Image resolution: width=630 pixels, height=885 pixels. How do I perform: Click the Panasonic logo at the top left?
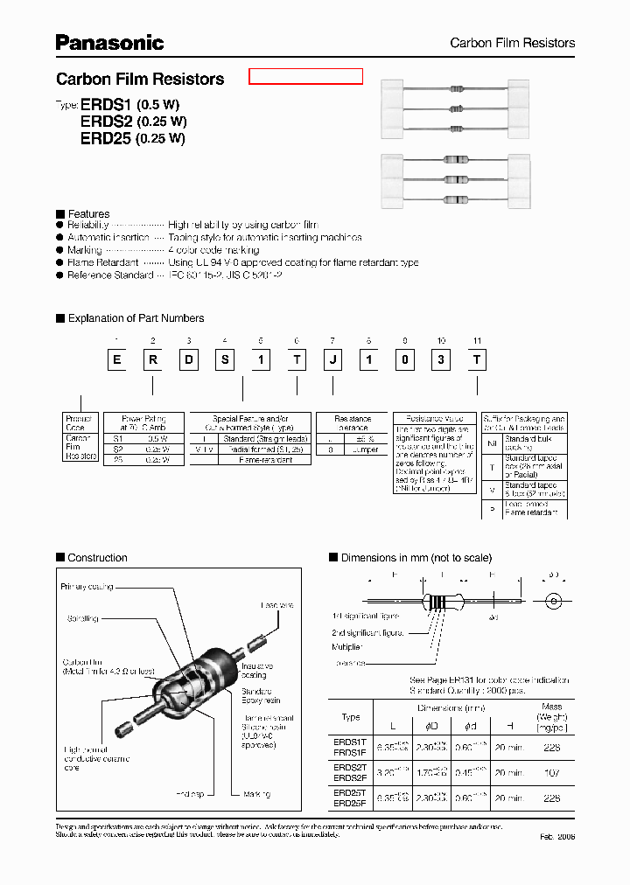(x=109, y=42)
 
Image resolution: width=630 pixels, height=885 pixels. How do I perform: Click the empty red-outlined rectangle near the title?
(x=305, y=76)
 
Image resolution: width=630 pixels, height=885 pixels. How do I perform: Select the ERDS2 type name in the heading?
(x=107, y=121)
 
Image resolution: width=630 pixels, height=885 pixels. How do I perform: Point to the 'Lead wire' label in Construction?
(x=277, y=605)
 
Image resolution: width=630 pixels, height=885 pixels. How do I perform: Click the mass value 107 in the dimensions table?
(x=552, y=773)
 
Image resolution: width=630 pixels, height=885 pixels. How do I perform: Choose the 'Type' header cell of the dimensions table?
(x=350, y=717)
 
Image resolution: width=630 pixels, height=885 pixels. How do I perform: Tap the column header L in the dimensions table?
(x=392, y=725)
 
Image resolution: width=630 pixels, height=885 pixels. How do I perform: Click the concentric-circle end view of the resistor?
(x=552, y=602)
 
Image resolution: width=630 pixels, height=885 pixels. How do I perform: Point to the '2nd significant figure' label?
(x=367, y=631)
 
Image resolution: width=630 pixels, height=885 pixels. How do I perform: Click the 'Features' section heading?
(x=88, y=213)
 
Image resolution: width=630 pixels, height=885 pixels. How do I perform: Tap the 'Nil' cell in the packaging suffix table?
(x=492, y=443)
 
